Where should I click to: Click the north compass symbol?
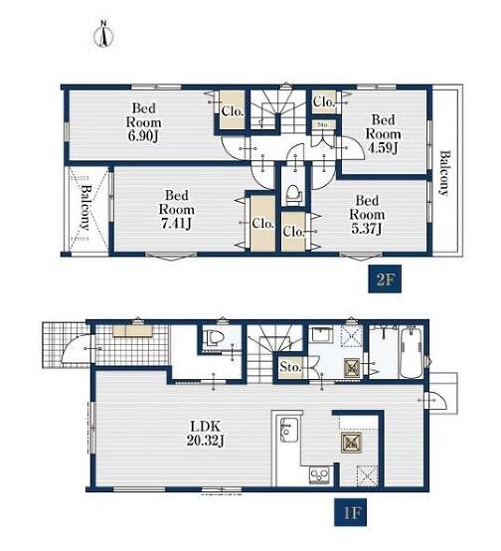(104, 35)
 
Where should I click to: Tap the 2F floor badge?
(385, 279)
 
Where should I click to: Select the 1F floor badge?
(351, 512)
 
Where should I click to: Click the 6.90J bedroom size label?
(143, 136)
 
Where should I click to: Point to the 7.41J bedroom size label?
(176, 223)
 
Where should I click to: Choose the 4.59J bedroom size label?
(383, 148)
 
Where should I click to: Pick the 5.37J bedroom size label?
(367, 229)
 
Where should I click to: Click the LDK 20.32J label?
(205, 434)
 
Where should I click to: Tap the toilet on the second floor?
(293, 194)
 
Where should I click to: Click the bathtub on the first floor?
(411, 352)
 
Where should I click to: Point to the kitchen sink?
(289, 430)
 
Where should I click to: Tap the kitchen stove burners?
(319, 475)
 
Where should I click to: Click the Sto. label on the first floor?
(290, 368)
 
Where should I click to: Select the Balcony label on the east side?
(444, 173)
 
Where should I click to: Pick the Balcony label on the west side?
(85, 207)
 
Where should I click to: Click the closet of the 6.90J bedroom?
(233, 109)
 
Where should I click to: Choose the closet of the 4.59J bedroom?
(324, 101)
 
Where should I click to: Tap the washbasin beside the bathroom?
(322, 335)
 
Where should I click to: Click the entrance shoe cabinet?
(132, 331)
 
